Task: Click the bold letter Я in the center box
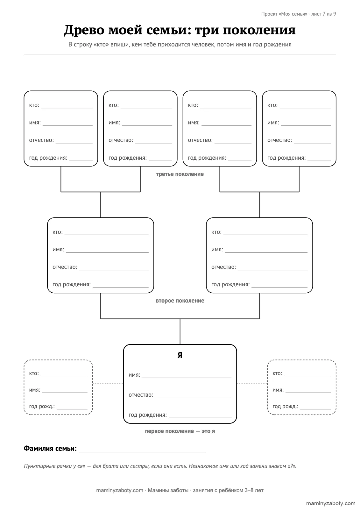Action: (x=180, y=355)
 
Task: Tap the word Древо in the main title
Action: (x=84, y=30)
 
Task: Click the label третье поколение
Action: (x=180, y=174)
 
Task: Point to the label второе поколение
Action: (x=180, y=301)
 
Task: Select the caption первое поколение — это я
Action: (x=180, y=431)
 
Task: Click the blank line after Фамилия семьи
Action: (x=142, y=452)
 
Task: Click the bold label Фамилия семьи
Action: (x=50, y=448)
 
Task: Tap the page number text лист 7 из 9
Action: (x=324, y=14)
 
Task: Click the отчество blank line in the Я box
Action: (x=193, y=398)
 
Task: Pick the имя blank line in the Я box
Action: (x=187, y=378)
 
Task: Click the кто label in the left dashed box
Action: (x=34, y=373)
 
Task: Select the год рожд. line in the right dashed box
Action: (x=315, y=409)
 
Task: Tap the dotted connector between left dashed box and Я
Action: (x=108, y=384)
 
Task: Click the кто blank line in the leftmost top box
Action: (x=67, y=108)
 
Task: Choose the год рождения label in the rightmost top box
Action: (x=286, y=158)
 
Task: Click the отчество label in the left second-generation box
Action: (x=65, y=267)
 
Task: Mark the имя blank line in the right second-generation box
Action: (x=266, y=253)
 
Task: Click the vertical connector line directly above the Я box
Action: (x=180, y=331)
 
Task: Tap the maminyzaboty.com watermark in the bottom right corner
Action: (x=331, y=503)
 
